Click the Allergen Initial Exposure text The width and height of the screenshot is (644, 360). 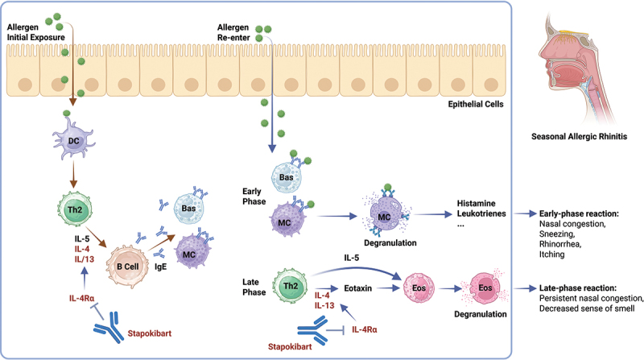coord(33,31)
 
